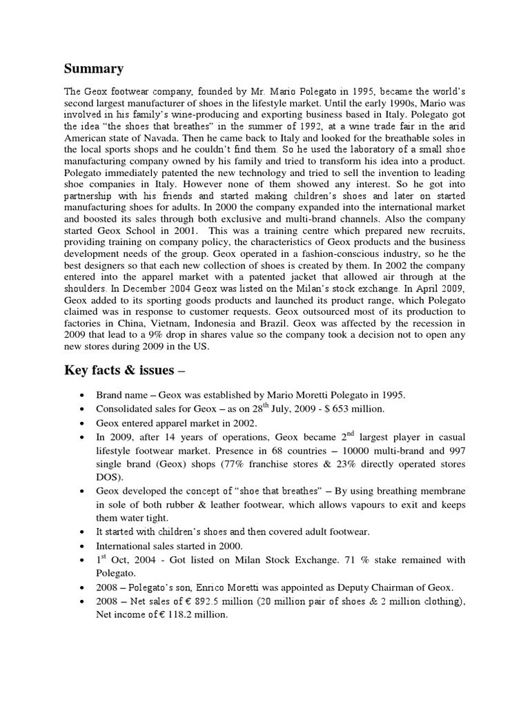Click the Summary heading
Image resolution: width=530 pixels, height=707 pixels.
point(94,68)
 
